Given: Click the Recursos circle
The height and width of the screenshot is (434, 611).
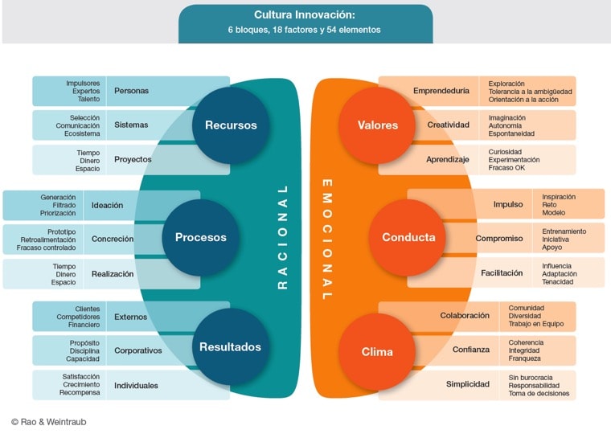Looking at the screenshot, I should [231, 125].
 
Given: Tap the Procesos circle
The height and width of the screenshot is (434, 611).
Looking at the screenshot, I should [200, 237].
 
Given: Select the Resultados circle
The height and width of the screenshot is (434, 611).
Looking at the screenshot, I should [231, 347].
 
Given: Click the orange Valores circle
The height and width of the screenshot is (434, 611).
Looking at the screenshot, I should [378, 125].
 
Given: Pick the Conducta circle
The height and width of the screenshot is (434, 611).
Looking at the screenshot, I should [408, 237].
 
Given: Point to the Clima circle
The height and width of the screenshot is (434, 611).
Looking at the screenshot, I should [377, 352].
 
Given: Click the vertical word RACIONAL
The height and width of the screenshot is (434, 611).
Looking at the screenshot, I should [282, 237].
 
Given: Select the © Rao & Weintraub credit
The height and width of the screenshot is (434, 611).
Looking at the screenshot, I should [50, 421].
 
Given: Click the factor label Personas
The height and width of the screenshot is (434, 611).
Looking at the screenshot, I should [132, 91].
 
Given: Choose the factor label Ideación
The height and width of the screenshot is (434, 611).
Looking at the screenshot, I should [107, 205].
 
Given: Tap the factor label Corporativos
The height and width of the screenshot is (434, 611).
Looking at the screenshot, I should [138, 350].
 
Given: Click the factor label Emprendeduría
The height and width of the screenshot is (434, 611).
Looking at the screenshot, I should [441, 91].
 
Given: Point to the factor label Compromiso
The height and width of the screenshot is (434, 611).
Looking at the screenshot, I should [499, 239].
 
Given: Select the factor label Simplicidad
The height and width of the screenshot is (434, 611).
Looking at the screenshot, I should [468, 384].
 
